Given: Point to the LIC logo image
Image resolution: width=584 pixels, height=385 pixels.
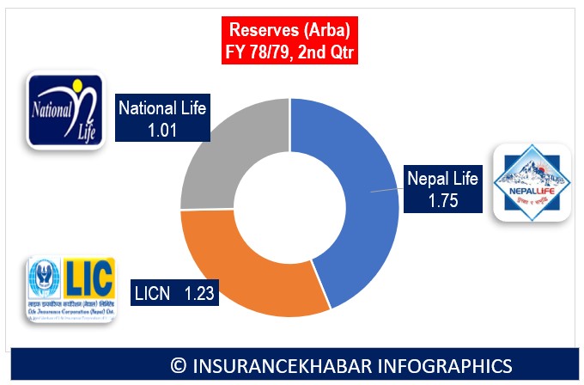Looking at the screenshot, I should click(x=70, y=289).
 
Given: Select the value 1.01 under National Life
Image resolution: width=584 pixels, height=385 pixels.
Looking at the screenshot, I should click(x=163, y=129).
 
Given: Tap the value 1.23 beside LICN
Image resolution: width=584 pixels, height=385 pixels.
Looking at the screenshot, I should click(x=199, y=293).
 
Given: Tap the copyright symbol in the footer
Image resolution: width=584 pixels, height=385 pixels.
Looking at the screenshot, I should click(x=179, y=365).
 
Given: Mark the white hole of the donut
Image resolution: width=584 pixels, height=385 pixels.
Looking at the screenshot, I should click(x=290, y=205).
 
